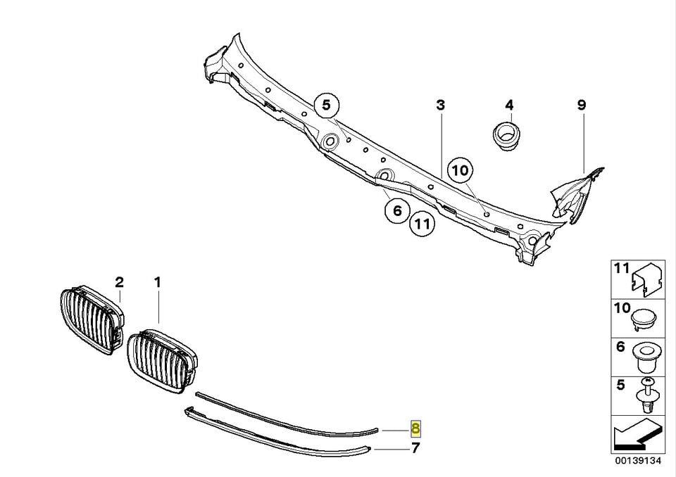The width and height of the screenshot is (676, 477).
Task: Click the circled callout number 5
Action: (x=326, y=106)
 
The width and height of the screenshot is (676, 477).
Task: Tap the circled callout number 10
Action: (x=461, y=171)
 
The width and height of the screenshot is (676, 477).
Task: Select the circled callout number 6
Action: (x=397, y=210)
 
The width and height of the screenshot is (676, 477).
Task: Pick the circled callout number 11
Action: (x=422, y=224)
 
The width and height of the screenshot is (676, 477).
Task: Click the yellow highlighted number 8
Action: (x=415, y=428)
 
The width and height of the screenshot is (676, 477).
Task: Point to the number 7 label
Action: (x=415, y=448)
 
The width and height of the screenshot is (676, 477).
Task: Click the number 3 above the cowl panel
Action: (x=440, y=105)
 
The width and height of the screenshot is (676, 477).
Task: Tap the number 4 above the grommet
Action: (x=509, y=105)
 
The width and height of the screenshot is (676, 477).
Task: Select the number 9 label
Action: (x=582, y=105)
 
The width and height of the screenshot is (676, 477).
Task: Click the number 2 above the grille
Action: (x=120, y=282)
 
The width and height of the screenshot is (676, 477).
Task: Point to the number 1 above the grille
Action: (x=158, y=282)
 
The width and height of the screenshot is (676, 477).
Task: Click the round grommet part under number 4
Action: (x=506, y=136)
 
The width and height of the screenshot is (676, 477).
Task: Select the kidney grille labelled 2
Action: (x=92, y=319)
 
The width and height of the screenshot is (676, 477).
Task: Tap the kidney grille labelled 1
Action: (x=162, y=360)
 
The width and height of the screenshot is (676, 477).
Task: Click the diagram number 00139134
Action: (x=638, y=461)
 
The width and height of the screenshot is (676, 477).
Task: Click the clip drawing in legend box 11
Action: (x=646, y=281)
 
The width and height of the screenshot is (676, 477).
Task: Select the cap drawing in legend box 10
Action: (x=644, y=319)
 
